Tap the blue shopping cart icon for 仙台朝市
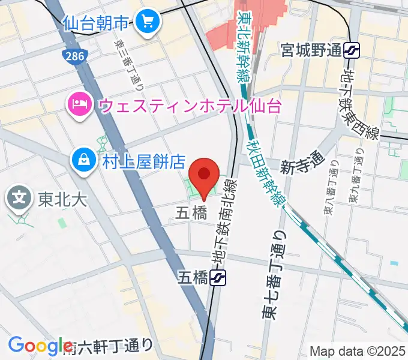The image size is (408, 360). coord(146,23)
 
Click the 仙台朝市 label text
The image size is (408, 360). coord(96,23)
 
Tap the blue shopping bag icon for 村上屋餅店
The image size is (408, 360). coord(82,160)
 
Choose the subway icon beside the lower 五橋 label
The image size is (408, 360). coord(218,277)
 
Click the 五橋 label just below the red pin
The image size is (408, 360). coord(191,212)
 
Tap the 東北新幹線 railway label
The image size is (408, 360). coord(244,46)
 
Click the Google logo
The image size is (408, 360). coord(40,346)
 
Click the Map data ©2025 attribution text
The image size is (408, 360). coord(357,350)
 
